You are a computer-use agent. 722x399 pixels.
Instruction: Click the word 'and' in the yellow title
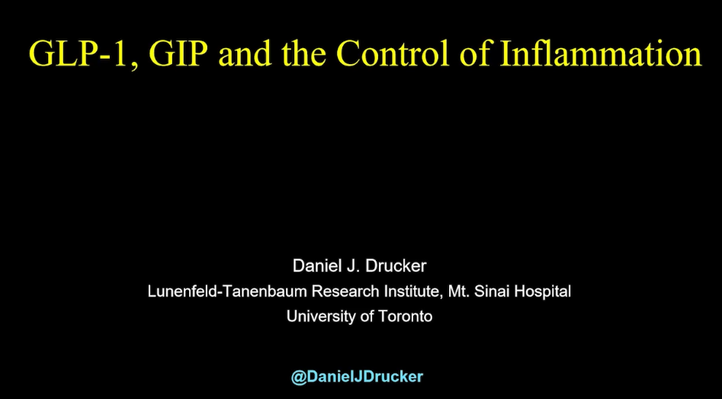point(245,53)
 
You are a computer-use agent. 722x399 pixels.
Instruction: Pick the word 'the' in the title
point(304,53)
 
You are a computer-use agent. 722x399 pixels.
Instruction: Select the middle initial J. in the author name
point(347,265)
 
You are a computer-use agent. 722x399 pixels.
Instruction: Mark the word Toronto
point(405,317)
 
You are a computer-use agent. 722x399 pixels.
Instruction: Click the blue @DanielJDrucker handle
point(357,376)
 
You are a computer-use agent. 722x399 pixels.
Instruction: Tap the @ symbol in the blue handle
point(299,377)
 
